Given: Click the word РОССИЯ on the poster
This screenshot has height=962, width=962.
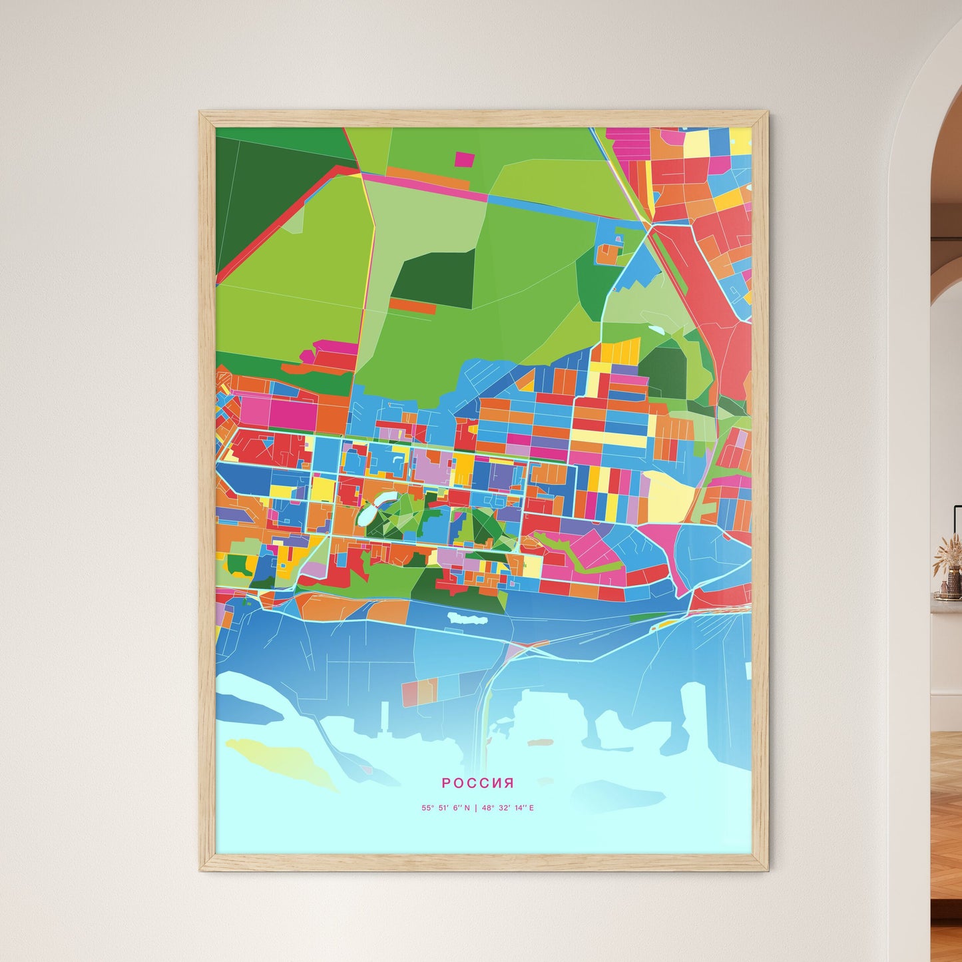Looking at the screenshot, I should pyautogui.click(x=477, y=783).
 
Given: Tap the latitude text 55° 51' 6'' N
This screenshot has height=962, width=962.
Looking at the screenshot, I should pyautogui.click(x=445, y=808).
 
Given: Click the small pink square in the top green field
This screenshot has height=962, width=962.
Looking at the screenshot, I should pyautogui.click(x=464, y=159).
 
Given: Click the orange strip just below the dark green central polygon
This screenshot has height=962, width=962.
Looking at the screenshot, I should pyautogui.click(x=413, y=306).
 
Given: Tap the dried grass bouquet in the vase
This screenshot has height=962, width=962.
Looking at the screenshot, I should pyautogui.click(x=948, y=552).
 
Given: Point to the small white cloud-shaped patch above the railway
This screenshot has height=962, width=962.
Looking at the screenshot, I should pyautogui.click(x=467, y=618).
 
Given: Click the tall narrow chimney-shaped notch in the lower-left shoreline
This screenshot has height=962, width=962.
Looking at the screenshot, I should pyautogui.click(x=385, y=716).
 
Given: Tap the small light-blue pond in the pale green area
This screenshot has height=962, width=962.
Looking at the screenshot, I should pyautogui.click(x=656, y=330).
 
